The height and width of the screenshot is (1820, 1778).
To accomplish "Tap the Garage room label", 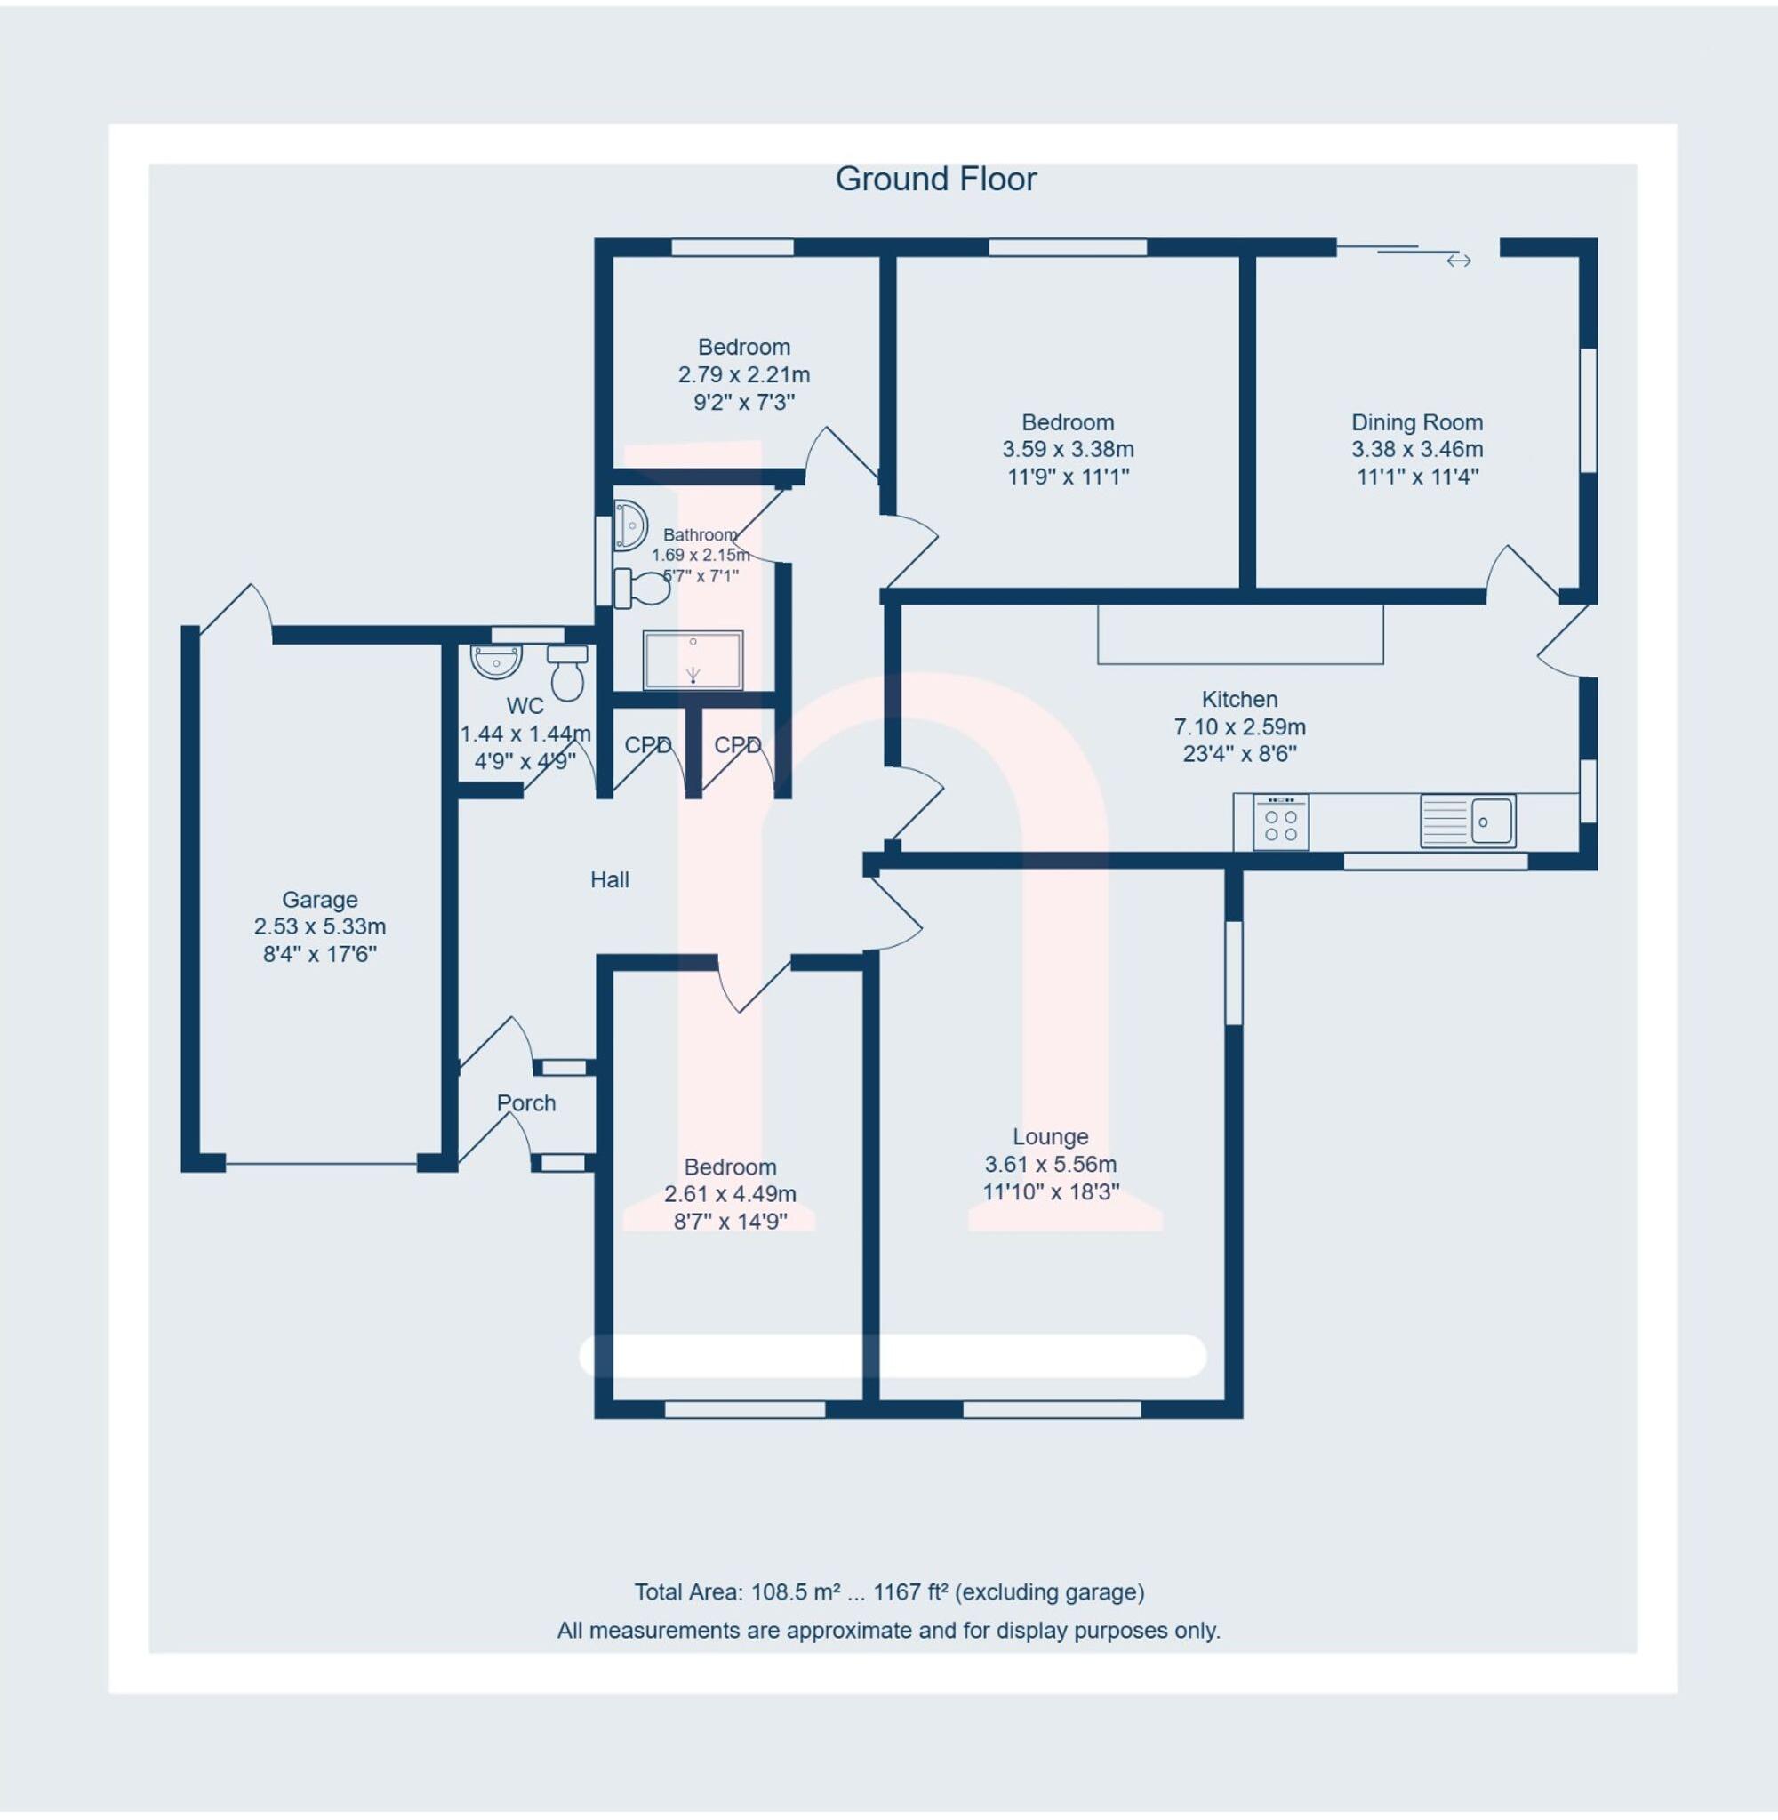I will tap(319, 900).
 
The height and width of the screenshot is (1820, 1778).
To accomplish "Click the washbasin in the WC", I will tap(497, 662).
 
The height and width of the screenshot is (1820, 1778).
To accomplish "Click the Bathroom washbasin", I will tap(630, 525).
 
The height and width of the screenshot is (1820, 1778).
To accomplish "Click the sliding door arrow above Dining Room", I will tap(1459, 261).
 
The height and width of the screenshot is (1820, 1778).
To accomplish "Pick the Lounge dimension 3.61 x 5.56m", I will tap(1051, 1165).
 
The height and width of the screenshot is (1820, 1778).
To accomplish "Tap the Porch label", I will tap(525, 1102).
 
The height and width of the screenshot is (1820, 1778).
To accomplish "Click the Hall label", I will tap(609, 879).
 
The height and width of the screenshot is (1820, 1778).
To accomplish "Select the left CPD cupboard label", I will tap(647, 745).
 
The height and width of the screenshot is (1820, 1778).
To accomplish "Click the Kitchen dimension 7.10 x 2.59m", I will tap(1239, 726).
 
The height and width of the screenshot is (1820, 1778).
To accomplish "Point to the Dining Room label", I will tap(1416, 422).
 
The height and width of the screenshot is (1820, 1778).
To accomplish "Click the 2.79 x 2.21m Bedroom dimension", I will tap(743, 374).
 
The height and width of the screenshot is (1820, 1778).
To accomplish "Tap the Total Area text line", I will tap(888, 1592).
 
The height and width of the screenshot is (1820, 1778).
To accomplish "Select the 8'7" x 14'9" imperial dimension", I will tap(730, 1222).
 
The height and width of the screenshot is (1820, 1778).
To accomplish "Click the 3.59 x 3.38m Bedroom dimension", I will tap(1068, 449).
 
